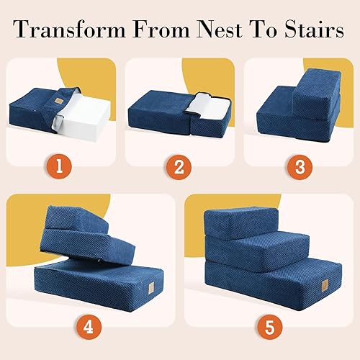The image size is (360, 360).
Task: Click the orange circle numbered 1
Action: (x=63, y=168)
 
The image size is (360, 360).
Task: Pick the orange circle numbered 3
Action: (x=297, y=168)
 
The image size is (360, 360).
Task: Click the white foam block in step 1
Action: (x=86, y=119)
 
